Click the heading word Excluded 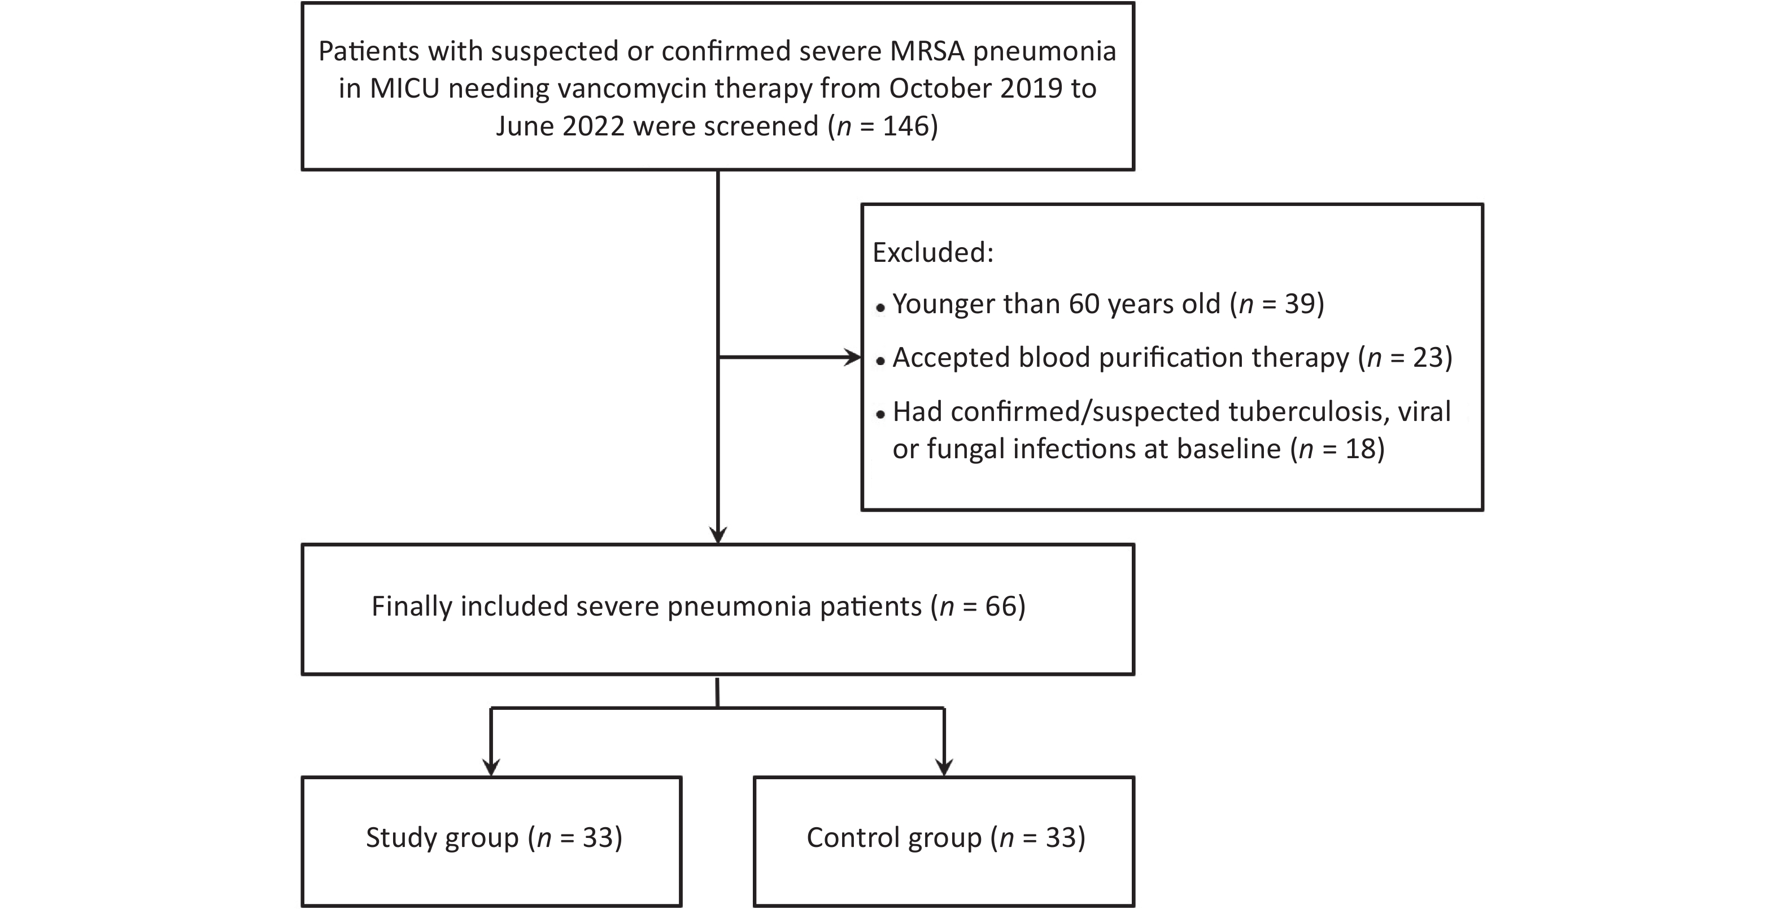[933, 253]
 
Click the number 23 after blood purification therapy [1428, 358]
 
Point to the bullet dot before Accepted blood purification [880, 361]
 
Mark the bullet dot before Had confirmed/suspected [880, 415]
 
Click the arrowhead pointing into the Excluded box [854, 358]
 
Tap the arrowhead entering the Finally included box [718, 535]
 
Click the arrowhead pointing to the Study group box [491, 767]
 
